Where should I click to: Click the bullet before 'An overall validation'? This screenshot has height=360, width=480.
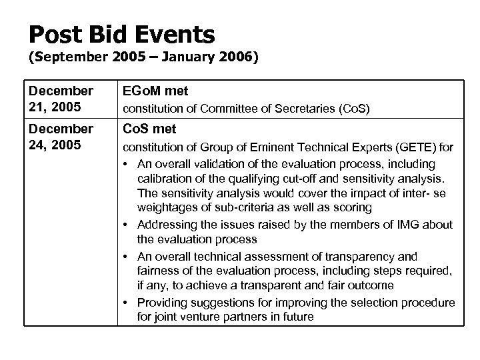pyautogui.click(x=127, y=163)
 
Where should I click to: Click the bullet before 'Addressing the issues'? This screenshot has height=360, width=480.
pyautogui.click(x=127, y=225)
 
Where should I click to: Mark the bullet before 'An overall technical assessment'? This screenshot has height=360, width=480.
pyautogui.click(x=127, y=257)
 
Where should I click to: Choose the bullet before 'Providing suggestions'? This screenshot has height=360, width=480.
pyautogui.click(x=127, y=303)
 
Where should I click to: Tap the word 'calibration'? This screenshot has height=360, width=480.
pyautogui.click(x=167, y=179)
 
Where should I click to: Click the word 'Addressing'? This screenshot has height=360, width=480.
pyautogui.click(x=169, y=225)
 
